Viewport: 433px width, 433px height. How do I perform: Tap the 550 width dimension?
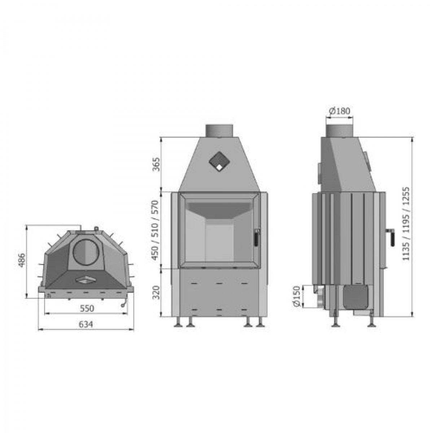coord(87,308)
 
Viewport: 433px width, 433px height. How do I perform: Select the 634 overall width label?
coord(86,324)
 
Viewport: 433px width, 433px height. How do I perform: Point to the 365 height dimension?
coord(156,164)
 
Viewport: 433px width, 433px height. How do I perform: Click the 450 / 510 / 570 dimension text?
coord(156,230)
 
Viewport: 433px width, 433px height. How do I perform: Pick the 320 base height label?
coord(156,292)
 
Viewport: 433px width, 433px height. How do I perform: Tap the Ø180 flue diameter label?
coord(340,111)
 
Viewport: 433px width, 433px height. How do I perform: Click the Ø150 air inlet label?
coord(297,296)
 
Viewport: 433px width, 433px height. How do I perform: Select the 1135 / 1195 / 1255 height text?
coord(406,225)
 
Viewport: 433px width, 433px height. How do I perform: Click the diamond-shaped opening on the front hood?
coord(219,162)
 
